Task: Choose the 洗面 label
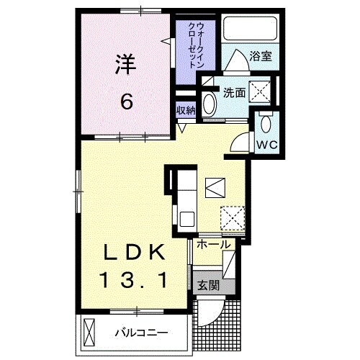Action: tap(233, 92)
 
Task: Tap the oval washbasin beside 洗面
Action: tap(209, 104)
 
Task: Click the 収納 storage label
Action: tap(185, 110)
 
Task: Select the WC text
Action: tap(268, 143)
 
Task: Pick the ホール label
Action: tap(214, 245)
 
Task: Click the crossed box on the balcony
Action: tap(89, 332)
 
